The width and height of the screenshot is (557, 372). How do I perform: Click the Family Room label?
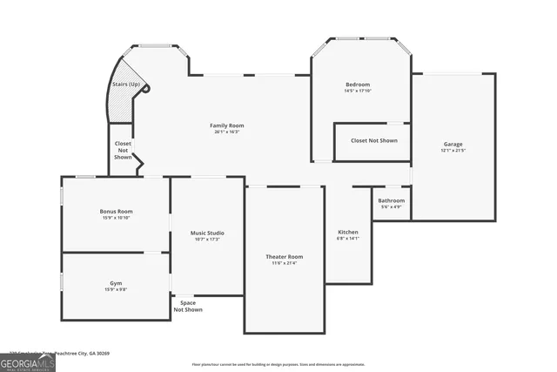(x=225, y=125)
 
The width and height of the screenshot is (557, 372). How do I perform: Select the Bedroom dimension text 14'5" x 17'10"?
(x=359, y=91)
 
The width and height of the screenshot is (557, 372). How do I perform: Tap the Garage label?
(x=453, y=144)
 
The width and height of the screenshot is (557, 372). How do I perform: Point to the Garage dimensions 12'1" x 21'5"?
(x=453, y=151)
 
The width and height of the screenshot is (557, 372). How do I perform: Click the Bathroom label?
(x=391, y=200)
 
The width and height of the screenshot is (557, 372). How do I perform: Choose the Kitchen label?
(x=348, y=232)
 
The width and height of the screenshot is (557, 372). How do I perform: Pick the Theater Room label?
(x=284, y=256)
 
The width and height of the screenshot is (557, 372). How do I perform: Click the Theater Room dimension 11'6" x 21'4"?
(x=284, y=263)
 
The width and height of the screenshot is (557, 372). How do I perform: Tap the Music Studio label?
(x=207, y=233)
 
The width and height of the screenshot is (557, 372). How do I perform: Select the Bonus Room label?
(x=116, y=211)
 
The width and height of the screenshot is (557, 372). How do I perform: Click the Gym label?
(x=116, y=283)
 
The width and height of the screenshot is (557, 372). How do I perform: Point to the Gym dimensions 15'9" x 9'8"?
(x=116, y=290)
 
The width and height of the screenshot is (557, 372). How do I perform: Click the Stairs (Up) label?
(x=125, y=84)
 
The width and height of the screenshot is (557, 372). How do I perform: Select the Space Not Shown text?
(x=188, y=306)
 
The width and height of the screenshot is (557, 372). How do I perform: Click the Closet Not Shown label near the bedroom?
(x=373, y=140)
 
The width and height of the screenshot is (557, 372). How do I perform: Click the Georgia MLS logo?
(x=28, y=362)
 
